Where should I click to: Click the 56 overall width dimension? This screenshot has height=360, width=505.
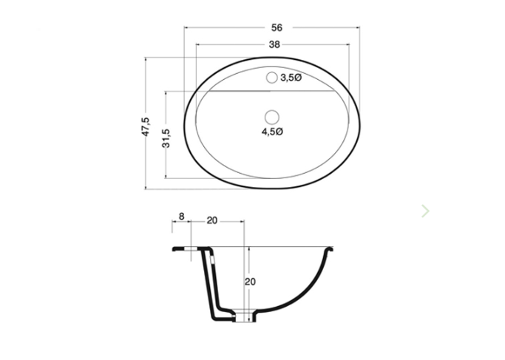277,27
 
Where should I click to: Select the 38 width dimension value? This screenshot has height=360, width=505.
274,44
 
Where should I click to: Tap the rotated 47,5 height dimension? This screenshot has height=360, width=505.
146,125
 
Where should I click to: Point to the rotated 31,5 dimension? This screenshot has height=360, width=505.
166,137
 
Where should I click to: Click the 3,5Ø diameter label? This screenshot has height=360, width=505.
291,77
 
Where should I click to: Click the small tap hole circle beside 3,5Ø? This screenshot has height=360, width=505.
271,77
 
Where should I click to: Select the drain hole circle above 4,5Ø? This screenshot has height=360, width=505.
271,116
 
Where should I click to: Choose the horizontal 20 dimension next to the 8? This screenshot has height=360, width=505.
211,220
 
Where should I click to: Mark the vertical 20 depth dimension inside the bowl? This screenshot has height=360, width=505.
250,282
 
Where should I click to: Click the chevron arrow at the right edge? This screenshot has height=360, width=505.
425,211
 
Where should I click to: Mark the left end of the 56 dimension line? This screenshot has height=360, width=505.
183,27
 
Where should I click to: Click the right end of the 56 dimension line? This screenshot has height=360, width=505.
362,27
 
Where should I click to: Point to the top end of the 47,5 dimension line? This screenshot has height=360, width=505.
146,56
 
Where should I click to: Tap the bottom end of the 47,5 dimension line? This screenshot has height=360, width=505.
146,189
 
